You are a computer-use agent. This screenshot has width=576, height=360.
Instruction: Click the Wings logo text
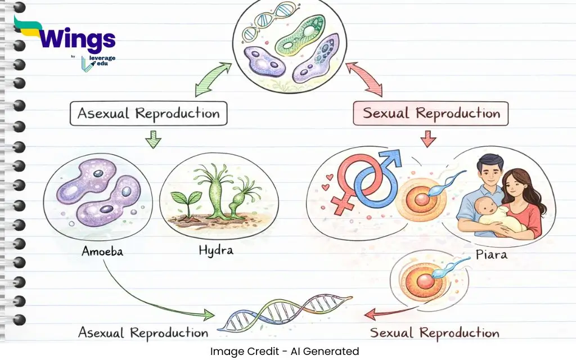(x=76, y=38)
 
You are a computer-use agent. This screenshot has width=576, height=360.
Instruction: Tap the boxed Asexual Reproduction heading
(x=148, y=114)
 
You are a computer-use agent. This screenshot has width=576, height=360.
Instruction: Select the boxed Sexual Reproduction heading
(x=431, y=114)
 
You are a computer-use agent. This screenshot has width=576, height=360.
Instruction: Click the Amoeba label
(x=102, y=251)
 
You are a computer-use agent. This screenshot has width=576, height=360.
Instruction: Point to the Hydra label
(x=216, y=250)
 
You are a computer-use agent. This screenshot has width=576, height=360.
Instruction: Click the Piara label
(x=492, y=254)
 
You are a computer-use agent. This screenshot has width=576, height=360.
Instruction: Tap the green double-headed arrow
(x=213, y=79)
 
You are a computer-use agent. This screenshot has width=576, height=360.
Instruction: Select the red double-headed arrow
(x=364, y=79)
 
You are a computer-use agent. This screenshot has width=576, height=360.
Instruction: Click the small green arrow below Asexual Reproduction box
(x=153, y=139)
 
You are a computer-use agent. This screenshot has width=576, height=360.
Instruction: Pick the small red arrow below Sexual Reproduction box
(x=428, y=139)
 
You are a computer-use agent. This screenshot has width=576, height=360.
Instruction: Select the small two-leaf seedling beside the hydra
(x=187, y=204)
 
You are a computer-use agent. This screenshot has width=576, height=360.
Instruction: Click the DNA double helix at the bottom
(x=285, y=312)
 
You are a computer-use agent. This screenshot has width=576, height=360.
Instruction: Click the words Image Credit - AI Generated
(x=285, y=352)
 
